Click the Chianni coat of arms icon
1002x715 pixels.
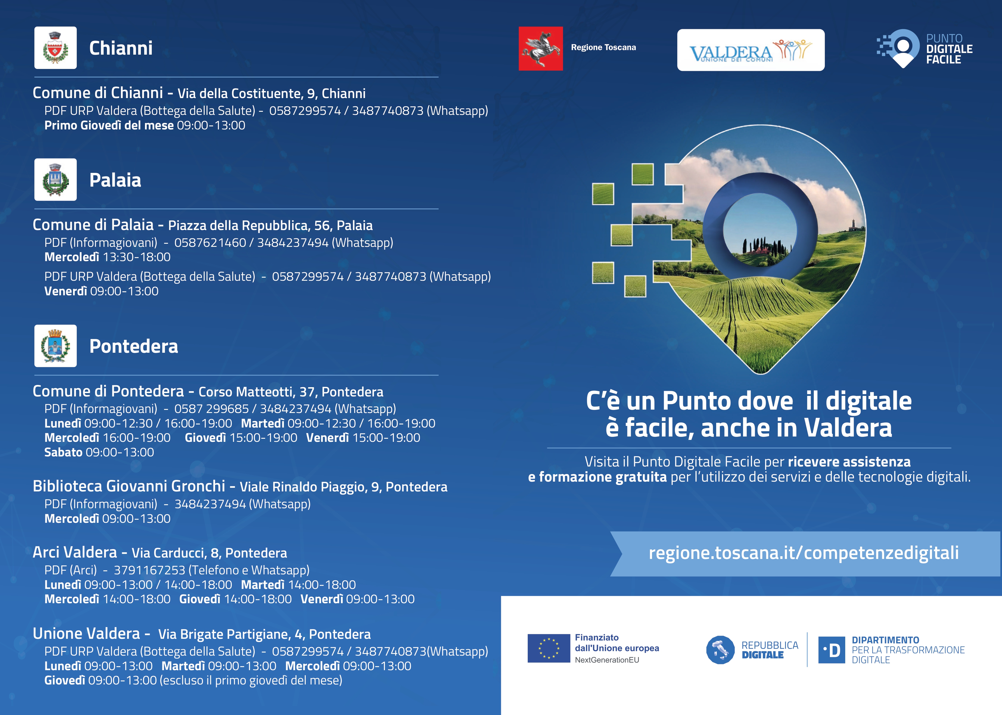pyautogui.click(x=55, y=48)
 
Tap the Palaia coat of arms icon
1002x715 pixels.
pyautogui.click(x=55, y=180)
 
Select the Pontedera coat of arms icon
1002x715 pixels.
pyautogui.click(x=55, y=346)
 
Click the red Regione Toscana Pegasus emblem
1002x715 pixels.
pyautogui.click(x=541, y=48)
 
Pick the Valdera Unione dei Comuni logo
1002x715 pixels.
pyautogui.click(x=751, y=50)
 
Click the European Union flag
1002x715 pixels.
pyautogui.click(x=548, y=648)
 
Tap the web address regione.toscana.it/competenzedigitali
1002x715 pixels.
pyautogui.click(x=804, y=553)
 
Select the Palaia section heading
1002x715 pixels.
pyautogui.click(x=115, y=180)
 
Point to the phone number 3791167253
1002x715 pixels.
pyautogui.click(x=150, y=570)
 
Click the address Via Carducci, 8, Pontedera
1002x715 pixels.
pyautogui.click(x=209, y=553)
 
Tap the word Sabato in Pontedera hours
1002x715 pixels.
pyautogui.click(x=63, y=452)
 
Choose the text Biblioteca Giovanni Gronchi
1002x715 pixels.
pyautogui.click(x=129, y=486)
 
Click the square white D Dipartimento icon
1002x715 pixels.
pyautogui.click(x=831, y=650)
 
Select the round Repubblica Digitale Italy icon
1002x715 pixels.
pyautogui.click(x=720, y=650)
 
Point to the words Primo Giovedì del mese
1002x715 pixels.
pyautogui.click(x=109, y=126)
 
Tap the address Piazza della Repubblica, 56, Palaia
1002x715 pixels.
pyautogui.click(x=270, y=226)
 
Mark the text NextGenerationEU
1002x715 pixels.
pyautogui.click(x=607, y=660)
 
